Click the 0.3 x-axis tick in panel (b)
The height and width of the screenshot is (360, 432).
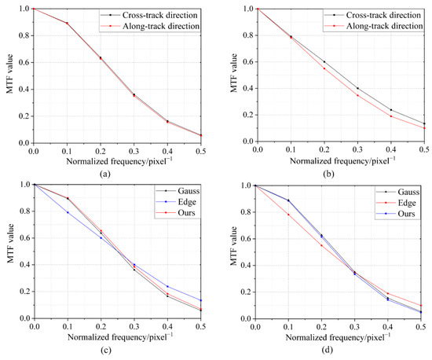[357, 149]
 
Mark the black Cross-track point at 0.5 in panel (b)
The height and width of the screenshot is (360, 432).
[424, 123]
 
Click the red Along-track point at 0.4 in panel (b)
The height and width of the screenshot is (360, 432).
[390, 116]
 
